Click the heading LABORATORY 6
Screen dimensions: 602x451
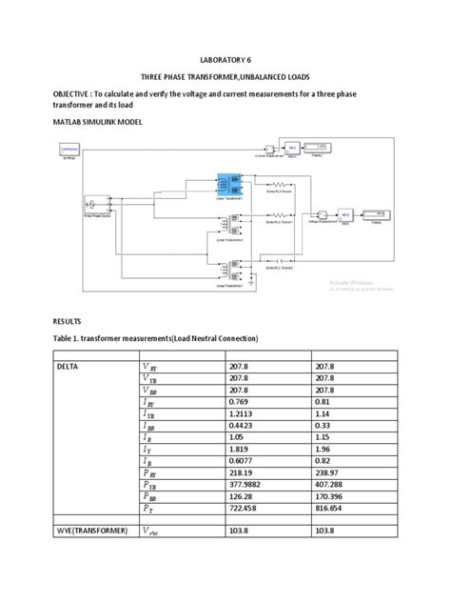point(225,58)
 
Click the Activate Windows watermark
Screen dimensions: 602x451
point(354,283)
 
